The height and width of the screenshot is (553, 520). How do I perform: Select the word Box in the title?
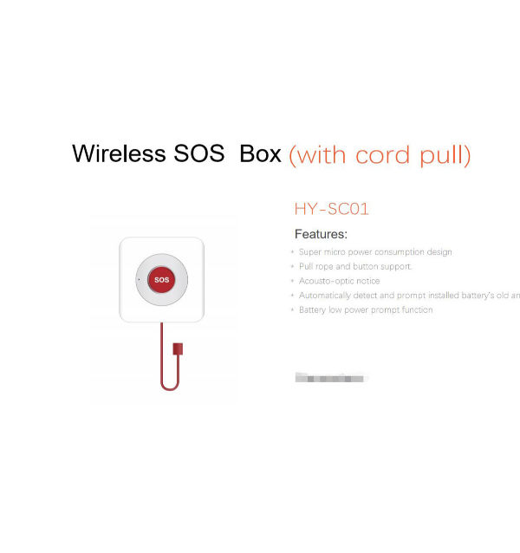pos(261,154)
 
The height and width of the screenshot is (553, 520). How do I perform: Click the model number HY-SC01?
pos(332,209)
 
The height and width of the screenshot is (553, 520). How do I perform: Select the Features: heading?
pos(321,234)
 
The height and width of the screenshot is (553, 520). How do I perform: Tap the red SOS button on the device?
pos(161,279)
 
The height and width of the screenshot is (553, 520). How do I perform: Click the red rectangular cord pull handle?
pos(179,348)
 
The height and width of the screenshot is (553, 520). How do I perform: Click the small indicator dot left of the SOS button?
pos(138,279)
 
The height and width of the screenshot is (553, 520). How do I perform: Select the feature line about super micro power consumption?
pos(375,252)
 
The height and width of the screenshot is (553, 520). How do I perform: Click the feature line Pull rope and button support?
pos(355,267)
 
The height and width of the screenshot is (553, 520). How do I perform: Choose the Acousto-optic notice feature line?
pos(339,281)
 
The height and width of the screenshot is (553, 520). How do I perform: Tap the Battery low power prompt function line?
pos(366,309)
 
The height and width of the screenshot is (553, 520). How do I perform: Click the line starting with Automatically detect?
pos(407,296)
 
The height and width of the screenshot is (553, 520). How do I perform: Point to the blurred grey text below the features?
pos(331,377)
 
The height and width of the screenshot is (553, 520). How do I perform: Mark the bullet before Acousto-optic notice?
pos(292,281)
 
